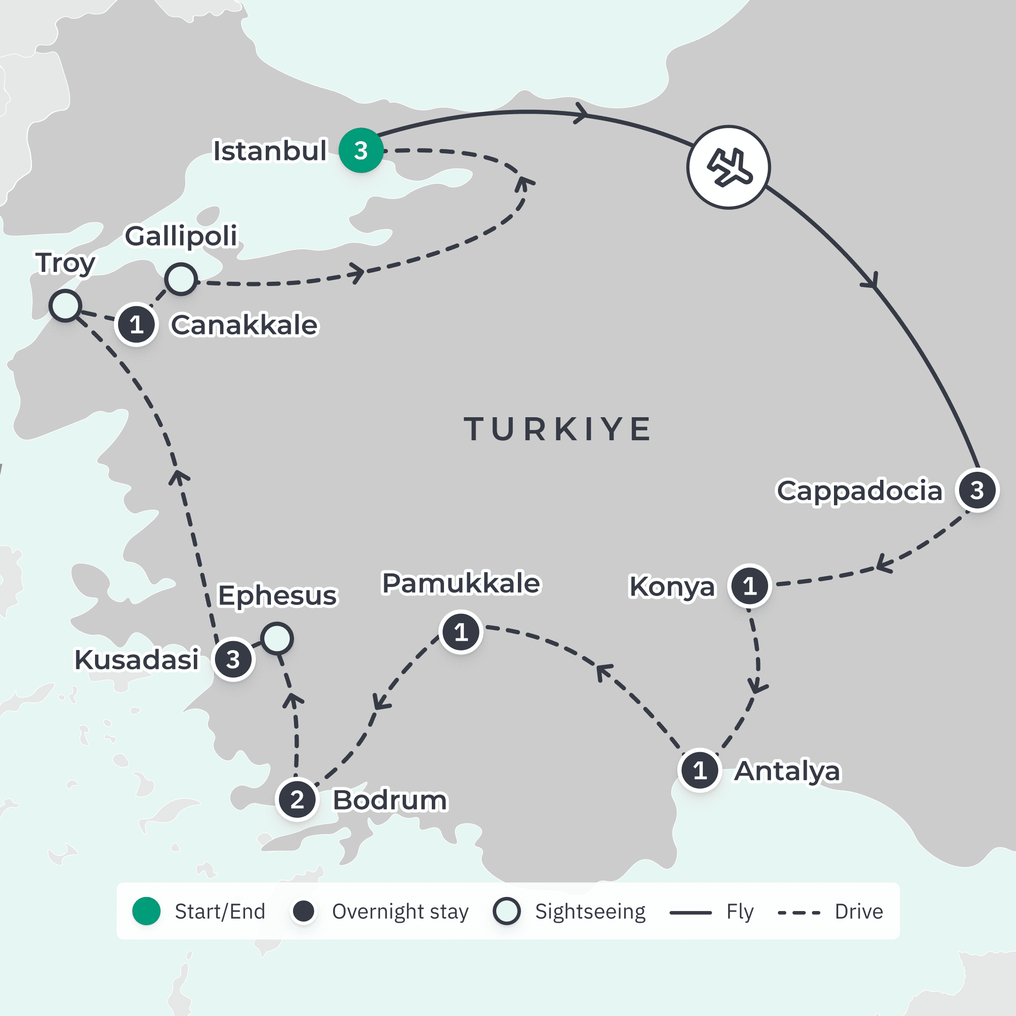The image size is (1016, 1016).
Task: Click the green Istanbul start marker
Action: tap(361, 151)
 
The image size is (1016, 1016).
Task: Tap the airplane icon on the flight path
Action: tap(728, 167)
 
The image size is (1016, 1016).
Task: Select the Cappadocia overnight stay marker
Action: tap(977, 490)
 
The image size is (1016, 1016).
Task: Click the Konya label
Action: tap(672, 587)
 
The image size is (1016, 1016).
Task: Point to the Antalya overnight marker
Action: tap(700, 770)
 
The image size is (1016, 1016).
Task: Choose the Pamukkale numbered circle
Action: tap(460, 632)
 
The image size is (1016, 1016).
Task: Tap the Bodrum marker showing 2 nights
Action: tap(297, 800)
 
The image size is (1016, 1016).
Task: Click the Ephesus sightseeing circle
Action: tap(277, 638)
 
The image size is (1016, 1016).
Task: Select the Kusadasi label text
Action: tap(137, 659)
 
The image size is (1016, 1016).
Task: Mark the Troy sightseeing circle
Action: tap(65, 306)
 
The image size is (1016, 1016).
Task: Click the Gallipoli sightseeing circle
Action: tap(181, 279)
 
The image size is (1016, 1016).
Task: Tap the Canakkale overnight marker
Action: tap(136, 325)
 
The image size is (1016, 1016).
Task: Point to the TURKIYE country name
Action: tap(557, 429)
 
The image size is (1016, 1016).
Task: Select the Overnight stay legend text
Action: tap(400, 912)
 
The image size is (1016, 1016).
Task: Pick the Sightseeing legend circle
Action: tap(507, 912)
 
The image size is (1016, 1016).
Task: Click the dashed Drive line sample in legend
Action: tap(798, 913)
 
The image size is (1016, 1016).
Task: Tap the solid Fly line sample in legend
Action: tap(691, 913)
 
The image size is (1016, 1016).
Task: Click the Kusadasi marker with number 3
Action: tap(233, 659)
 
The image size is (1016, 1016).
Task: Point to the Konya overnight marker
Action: tap(749, 586)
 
